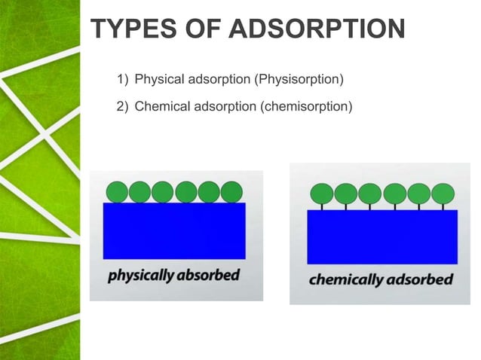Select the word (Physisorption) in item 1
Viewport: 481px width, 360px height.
tap(300, 78)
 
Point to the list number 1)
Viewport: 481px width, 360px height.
tap(123, 78)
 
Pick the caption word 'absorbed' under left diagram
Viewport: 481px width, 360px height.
tap(208, 275)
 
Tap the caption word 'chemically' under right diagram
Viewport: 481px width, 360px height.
tap(346, 280)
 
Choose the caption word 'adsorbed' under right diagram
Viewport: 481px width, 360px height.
tap(418, 280)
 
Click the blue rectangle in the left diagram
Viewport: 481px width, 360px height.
tap(175, 230)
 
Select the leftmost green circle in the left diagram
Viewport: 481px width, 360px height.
tap(116, 192)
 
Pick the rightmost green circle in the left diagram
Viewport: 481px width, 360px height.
tap(232, 192)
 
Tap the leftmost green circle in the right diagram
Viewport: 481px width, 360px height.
tap(322, 194)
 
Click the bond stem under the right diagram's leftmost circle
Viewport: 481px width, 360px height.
tap(322, 206)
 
